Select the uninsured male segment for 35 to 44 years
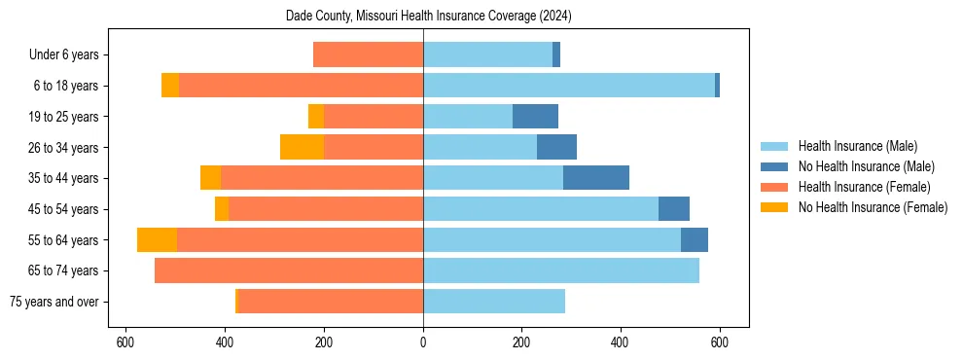(x=596, y=178)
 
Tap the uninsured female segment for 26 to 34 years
(x=302, y=147)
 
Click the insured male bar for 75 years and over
(x=494, y=302)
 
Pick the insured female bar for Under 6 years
(x=368, y=54)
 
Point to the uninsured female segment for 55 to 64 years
(x=157, y=240)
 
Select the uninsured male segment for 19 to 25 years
(x=535, y=117)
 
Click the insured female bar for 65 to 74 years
(x=289, y=270)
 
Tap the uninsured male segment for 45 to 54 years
(x=674, y=209)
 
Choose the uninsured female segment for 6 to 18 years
(x=170, y=86)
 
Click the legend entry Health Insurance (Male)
(x=857, y=146)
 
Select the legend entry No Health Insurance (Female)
(x=873, y=207)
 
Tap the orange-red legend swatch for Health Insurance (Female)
(x=774, y=187)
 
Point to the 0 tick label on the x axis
(x=423, y=342)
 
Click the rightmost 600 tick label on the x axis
(x=720, y=342)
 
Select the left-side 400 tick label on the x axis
(x=225, y=342)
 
